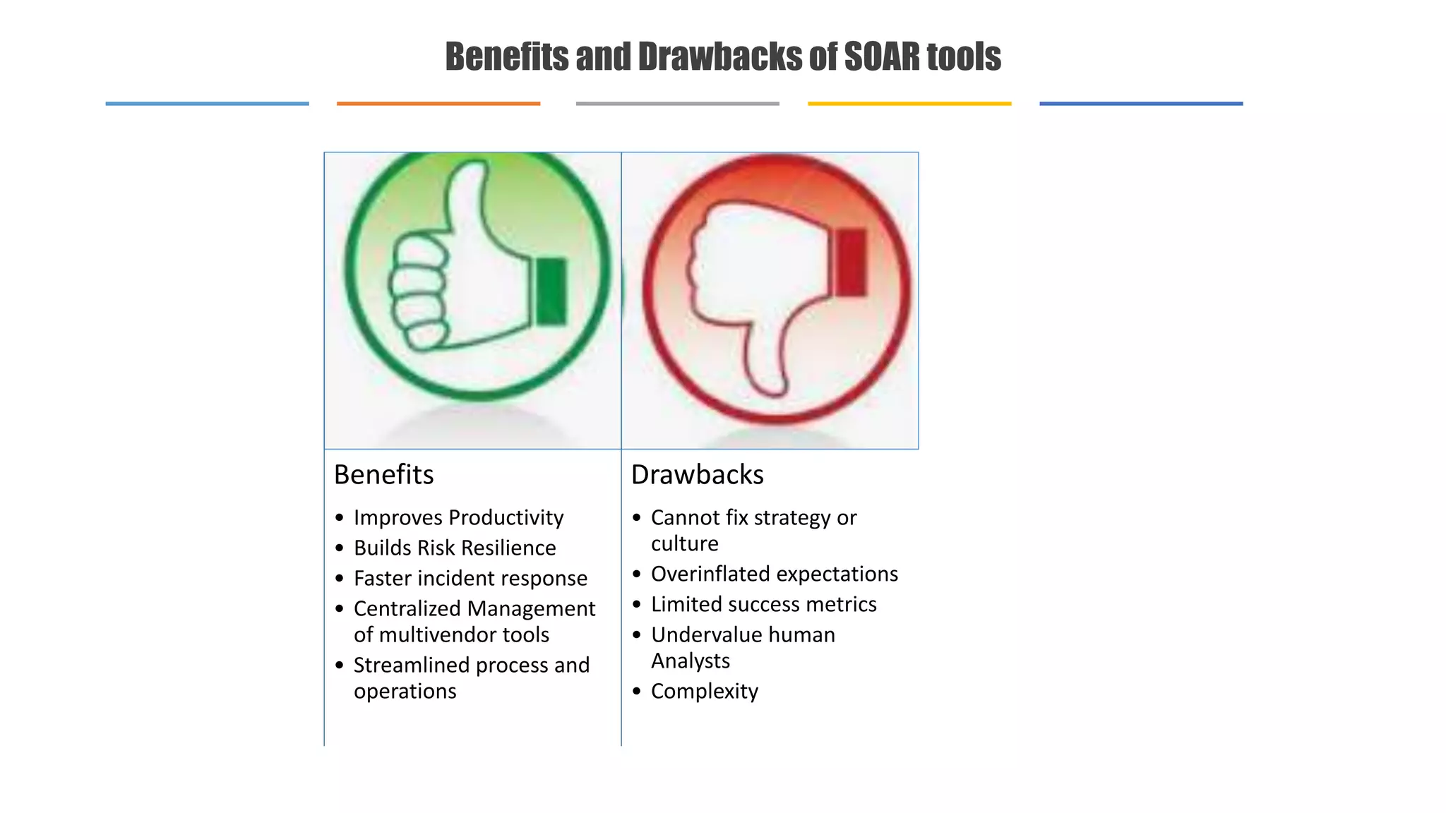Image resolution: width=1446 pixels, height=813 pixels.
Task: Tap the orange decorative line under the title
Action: coord(438,104)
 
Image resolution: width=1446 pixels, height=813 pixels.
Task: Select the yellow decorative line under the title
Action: coord(909,104)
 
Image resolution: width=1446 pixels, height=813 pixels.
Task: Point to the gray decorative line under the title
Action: coord(677,104)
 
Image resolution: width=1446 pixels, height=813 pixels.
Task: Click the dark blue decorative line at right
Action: coord(1140,104)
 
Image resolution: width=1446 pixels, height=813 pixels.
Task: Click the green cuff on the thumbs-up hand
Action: coord(551,291)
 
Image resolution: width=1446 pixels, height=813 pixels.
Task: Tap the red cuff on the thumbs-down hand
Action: coord(850,262)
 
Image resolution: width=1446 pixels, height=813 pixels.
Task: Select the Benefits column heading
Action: coord(383,474)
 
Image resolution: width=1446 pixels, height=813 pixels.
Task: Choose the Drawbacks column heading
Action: coord(697,474)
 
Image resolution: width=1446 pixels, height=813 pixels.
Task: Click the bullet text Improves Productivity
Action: coord(458,517)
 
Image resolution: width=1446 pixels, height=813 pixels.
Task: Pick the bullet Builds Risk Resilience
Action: coord(455,548)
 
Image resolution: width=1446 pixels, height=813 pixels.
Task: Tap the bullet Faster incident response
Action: coord(470,578)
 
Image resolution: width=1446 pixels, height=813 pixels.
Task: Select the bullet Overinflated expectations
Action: coord(774,574)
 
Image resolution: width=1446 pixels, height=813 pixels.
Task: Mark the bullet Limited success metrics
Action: coord(763,604)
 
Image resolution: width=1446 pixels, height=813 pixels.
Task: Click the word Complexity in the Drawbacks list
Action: coord(704,691)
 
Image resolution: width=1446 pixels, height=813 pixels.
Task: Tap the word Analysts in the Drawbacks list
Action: coord(690,661)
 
